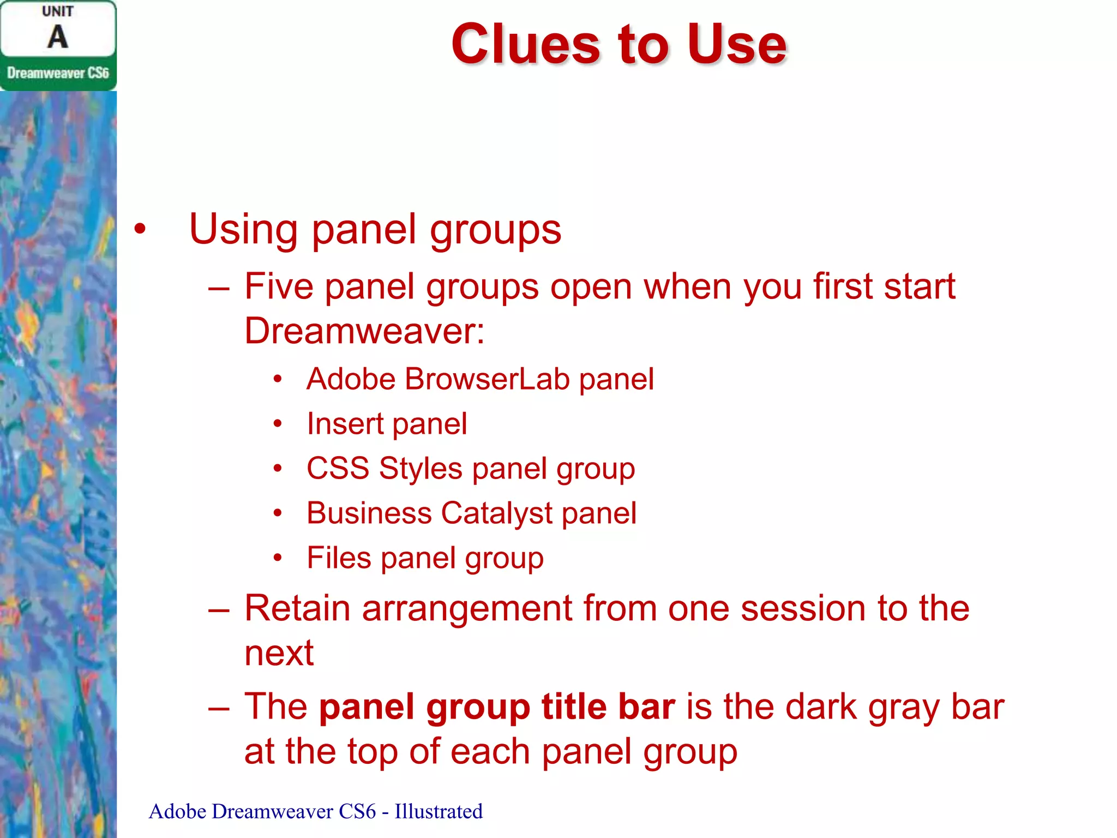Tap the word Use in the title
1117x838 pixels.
point(736,45)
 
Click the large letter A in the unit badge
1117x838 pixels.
point(57,37)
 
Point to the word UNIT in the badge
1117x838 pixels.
point(57,11)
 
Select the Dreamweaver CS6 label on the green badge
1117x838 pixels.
point(58,73)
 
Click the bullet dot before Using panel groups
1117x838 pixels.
point(140,229)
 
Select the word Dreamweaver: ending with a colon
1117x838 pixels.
point(364,331)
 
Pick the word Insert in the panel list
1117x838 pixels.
point(345,424)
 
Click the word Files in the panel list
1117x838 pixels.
point(339,558)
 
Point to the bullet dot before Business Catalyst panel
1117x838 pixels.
point(278,513)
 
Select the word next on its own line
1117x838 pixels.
point(279,653)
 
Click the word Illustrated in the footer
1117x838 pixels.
point(439,811)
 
